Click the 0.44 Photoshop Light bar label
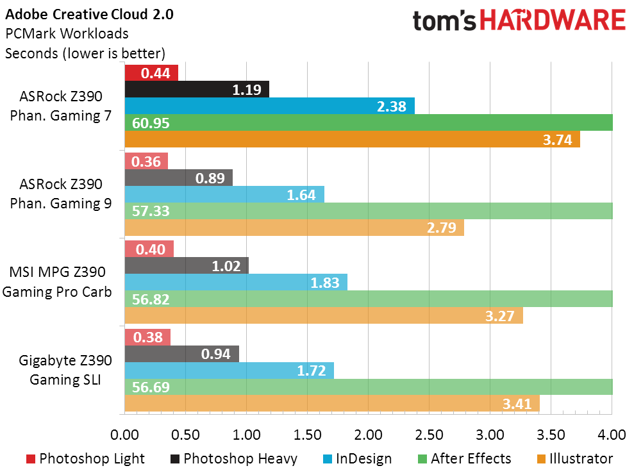(x=155, y=73)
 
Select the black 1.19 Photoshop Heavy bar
(x=197, y=89)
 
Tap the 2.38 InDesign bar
(x=270, y=106)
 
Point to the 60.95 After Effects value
(x=151, y=123)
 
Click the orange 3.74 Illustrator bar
(x=352, y=139)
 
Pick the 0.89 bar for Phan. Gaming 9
(x=179, y=178)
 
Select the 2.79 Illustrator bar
(x=294, y=228)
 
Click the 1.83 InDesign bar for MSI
(x=236, y=282)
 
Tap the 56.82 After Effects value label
(x=151, y=299)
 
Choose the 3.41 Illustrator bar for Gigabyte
(x=332, y=403)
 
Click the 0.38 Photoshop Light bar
(x=147, y=337)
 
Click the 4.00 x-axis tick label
(x=612, y=435)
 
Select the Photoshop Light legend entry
(x=85, y=459)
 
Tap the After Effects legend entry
(x=464, y=459)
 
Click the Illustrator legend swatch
(x=541, y=459)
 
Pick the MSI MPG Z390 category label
(x=58, y=272)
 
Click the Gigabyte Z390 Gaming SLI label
(x=65, y=370)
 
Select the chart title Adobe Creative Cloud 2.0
(x=89, y=15)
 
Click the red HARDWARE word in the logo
(x=553, y=21)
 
